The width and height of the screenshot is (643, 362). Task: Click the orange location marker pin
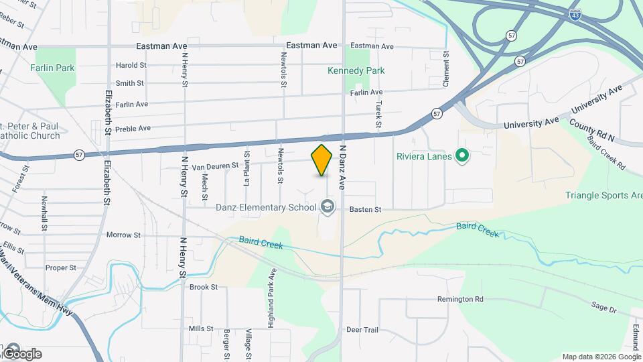tap(322, 160)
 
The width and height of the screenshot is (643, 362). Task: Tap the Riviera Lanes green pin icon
tap(461, 157)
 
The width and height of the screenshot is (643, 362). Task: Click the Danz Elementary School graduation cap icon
tap(328, 206)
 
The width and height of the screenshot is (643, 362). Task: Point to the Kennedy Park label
tap(356, 70)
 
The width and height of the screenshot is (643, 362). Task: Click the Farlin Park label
tap(52, 68)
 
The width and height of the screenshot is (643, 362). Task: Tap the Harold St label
tap(131, 66)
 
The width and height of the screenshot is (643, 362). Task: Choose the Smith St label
tap(130, 83)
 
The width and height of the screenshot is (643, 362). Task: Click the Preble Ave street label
tap(133, 129)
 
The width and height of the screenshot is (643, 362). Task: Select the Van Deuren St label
tap(215, 165)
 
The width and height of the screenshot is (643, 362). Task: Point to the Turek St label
tap(378, 115)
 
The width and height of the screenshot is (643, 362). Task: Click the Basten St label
tap(365, 210)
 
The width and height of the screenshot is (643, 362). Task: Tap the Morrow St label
tap(123, 235)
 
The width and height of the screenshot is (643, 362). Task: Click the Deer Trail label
tap(362, 330)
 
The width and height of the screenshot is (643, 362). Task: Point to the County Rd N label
tap(592, 130)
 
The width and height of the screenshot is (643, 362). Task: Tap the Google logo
tap(22, 353)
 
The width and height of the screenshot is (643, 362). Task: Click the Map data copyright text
tap(601, 357)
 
